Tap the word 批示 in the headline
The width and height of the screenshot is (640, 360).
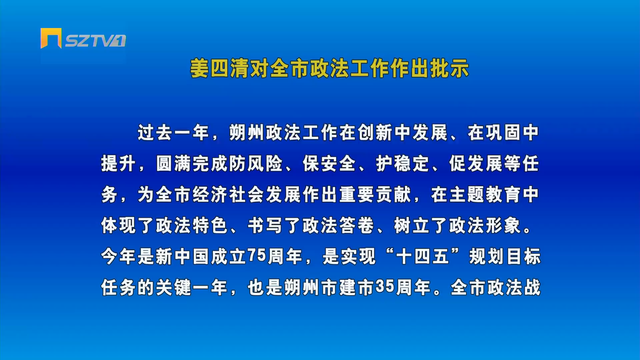pyautogui.click(x=450, y=69)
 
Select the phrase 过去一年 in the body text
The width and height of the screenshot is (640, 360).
pyautogui.click(x=173, y=133)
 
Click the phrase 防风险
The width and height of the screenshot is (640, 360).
pyautogui.click(x=256, y=164)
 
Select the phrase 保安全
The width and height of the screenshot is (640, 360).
pyautogui.click(x=329, y=164)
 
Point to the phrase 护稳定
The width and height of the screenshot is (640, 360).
pyautogui.click(x=402, y=164)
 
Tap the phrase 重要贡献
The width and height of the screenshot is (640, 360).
pyautogui.click(x=375, y=195)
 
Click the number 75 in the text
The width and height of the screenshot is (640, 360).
pyautogui.click(x=257, y=256)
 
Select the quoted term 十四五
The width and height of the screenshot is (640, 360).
pyautogui.click(x=422, y=257)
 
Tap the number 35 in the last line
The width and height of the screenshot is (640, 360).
pyautogui.click(x=385, y=287)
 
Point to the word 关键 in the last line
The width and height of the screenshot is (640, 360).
pyautogui.click(x=173, y=288)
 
